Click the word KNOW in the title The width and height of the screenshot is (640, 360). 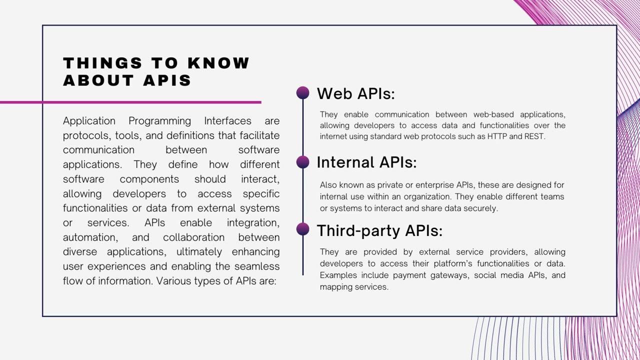218,63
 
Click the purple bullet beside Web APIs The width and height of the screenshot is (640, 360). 302,92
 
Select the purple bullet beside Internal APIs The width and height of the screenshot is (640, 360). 302,161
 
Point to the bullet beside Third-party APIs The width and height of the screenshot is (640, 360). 302,229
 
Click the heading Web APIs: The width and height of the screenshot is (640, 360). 355,93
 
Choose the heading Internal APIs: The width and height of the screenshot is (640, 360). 366,162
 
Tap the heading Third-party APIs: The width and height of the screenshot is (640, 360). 379,230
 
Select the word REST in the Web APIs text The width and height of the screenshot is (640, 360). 533,136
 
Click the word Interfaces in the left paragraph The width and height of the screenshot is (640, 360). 227,121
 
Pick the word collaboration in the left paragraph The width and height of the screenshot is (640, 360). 193,237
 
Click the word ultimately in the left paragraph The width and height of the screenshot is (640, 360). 199,252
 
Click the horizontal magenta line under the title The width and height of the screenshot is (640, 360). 130,102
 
